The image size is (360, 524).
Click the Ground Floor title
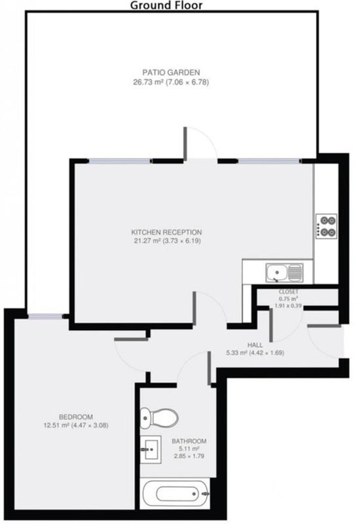click(166, 5)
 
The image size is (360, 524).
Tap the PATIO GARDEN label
click(171, 72)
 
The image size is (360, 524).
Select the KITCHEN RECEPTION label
click(166, 233)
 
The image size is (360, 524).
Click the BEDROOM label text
click(76, 417)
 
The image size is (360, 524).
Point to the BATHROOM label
click(189, 441)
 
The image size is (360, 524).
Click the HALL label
click(255, 345)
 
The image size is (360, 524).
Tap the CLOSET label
click(288, 291)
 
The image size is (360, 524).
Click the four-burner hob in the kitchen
click(326, 226)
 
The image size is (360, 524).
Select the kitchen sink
click(285, 272)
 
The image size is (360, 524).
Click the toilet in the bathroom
click(159, 417)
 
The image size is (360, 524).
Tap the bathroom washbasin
click(151, 449)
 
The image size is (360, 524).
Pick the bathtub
click(175, 494)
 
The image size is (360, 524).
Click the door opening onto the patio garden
click(202, 143)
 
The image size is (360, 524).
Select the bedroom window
click(45, 316)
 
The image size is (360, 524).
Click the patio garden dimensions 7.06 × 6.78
click(186, 83)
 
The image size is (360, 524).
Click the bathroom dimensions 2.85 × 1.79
click(189, 456)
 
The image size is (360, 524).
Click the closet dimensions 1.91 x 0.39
click(288, 305)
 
